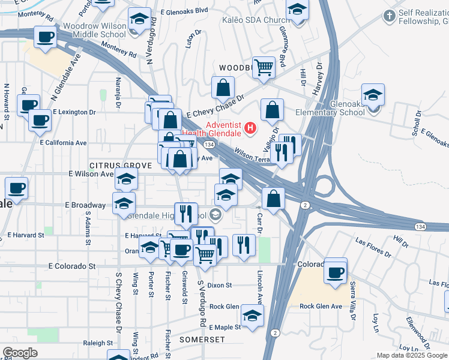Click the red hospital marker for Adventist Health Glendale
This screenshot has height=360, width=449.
click(250, 128)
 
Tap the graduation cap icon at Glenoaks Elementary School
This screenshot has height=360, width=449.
click(373, 94)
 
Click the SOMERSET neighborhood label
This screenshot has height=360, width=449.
click(202, 340)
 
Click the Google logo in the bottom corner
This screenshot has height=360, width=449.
click(20, 352)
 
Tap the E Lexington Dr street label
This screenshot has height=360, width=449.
click(74, 112)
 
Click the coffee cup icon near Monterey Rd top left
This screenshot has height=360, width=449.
click(45, 37)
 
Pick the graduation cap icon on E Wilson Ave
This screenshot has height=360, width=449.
click(126, 178)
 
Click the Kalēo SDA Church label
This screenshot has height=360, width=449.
click(255, 20)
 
